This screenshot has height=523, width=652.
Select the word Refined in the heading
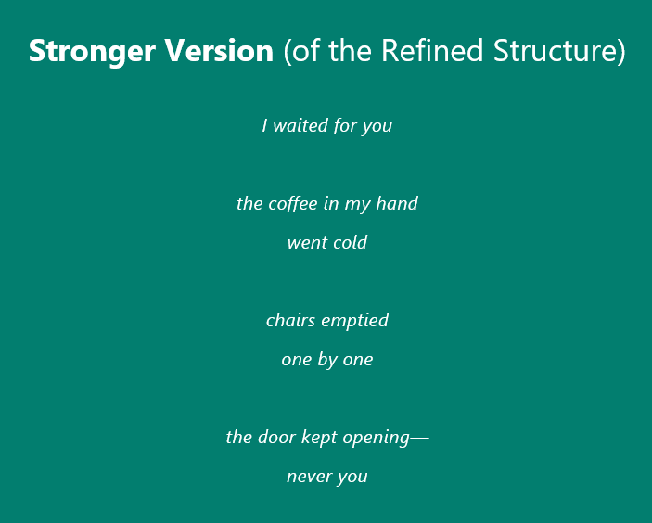[432, 50]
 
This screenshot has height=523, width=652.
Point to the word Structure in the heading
[555, 51]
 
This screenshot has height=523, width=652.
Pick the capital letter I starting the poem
[264, 125]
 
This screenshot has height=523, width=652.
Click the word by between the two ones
[326, 360]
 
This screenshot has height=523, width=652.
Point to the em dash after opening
[419, 438]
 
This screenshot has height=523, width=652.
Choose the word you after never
[352, 478]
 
